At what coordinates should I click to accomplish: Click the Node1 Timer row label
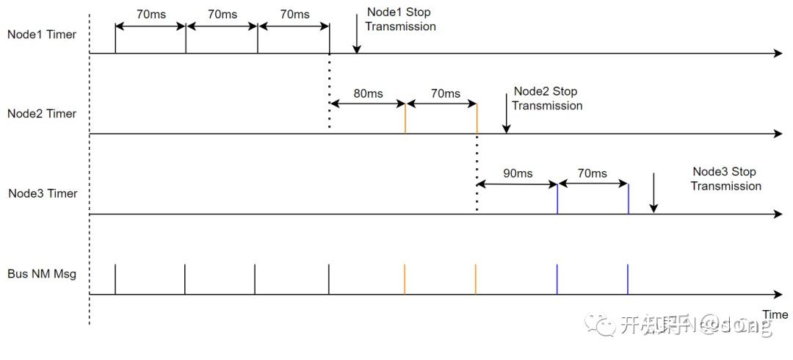click(42, 34)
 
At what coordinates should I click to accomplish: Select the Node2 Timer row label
click(42, 114)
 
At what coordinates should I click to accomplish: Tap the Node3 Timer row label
click(42, 194)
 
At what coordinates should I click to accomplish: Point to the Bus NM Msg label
click(42, 274)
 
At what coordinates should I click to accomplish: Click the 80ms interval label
click(368, 94)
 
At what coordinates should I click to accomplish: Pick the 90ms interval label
click(518, 173)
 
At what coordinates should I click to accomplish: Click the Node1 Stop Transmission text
click(400, 20)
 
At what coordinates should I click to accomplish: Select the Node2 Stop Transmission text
click(546, 98)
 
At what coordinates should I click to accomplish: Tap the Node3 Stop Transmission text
click(725, 179)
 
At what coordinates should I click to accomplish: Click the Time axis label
click(775, 314)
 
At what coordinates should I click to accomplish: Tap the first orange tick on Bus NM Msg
click(405, 279)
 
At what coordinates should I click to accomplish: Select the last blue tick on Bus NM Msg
click(628, 279)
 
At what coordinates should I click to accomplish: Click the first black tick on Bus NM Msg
click(115, 279)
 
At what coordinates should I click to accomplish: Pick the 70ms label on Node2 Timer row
click(445, 94)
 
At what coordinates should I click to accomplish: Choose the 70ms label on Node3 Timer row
click(592, 173)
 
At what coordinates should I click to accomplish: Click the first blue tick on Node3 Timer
click(557, 199)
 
